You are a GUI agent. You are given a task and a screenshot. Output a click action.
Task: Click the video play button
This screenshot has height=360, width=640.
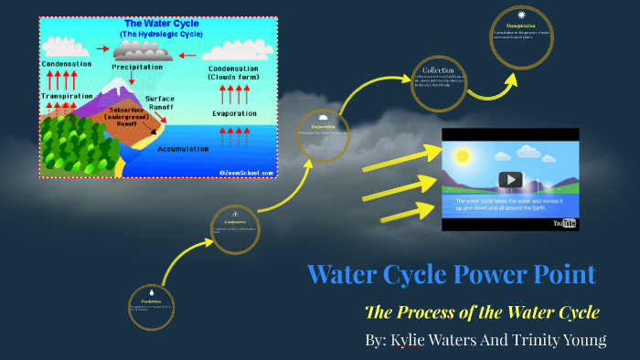pyautogui.click(x=509, y=180)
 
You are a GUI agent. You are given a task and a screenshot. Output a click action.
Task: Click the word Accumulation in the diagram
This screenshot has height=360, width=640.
pyautogui.click(x=189, y=148)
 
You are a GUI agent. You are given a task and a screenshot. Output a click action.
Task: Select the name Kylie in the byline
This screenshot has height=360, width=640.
pyautogui.click(x=410, y=340)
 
